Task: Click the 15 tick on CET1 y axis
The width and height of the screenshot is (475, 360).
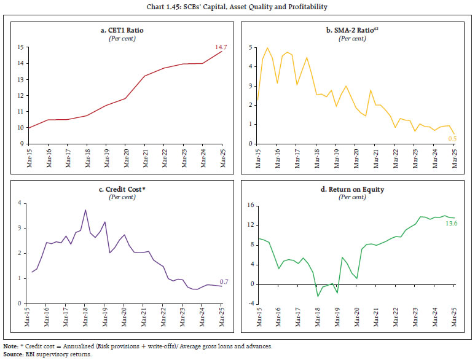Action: (x=20, y=47)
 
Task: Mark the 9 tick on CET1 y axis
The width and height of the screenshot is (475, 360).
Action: (x=22, y=144)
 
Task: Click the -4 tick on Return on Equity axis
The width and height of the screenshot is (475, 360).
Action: (x=249, y=303)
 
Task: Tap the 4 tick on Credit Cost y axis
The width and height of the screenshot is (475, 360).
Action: (x=22, y=203)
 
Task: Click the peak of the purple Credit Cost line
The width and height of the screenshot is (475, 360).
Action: (x=85, y=210)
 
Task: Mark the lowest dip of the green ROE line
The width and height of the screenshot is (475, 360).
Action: (x=318, y=296)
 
